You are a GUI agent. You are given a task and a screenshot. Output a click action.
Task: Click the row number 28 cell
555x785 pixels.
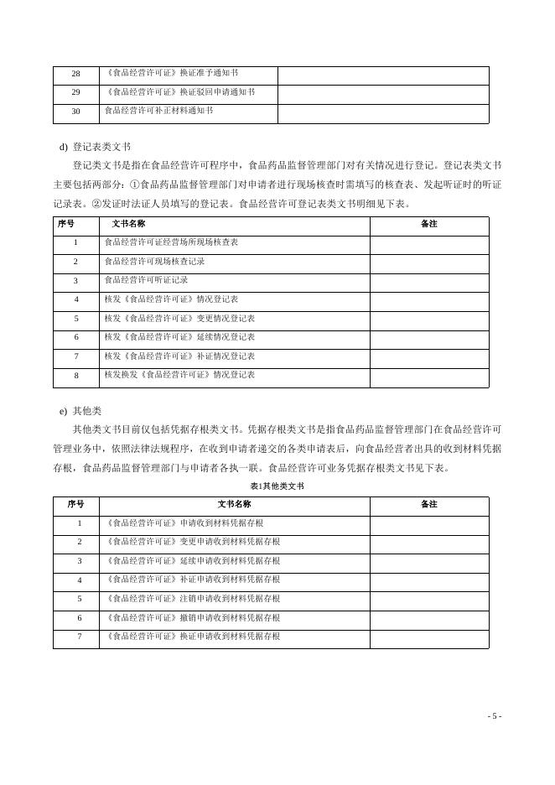tap(75, 74)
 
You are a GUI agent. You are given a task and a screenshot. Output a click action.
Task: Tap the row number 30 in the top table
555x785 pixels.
tap(75, 112)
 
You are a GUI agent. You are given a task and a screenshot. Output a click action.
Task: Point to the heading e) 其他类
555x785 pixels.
tap(80, 411)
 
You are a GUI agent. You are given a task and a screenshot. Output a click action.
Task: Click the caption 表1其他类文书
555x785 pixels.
tap(277, 486)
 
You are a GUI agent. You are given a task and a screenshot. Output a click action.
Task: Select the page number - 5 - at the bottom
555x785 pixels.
tap(495, 716)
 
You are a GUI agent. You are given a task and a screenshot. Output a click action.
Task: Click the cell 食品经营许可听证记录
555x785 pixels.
tap(146, 280)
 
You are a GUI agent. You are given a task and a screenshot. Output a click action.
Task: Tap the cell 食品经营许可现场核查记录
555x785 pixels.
tap(154, 262)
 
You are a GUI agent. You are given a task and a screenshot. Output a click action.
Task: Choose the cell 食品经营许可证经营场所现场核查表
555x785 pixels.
tap(171, 242)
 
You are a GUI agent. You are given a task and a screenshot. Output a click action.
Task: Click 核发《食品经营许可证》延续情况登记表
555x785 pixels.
tap(179, 337)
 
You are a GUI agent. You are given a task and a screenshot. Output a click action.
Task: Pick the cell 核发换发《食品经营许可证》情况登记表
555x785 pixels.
tap(179, 375)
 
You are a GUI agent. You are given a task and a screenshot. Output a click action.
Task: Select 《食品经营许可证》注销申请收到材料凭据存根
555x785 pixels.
tap(192, 599)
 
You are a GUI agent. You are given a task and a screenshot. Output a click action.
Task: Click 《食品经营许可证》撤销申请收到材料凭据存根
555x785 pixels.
tap(192, 618)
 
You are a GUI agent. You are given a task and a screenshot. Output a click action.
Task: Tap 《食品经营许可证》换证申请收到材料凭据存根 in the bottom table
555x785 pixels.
tap(192, 637)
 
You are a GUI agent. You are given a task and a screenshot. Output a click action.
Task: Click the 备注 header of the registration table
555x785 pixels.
tap(428, 224)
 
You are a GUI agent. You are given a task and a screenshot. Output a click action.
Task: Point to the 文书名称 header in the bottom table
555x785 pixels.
tap(234, 504)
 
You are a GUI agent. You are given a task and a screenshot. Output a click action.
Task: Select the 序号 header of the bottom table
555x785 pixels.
tap(75, 504)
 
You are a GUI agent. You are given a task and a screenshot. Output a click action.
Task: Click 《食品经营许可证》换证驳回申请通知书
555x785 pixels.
tap(179, 92)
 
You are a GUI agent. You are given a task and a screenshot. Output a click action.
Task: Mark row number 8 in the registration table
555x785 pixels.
tap(75, 376)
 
